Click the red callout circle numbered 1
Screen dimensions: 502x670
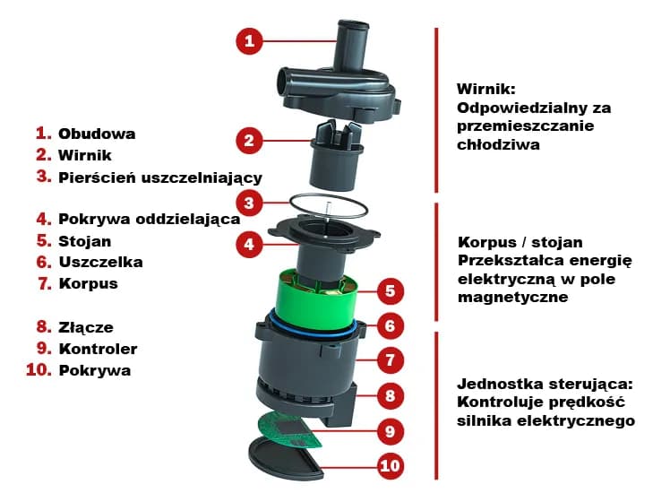pyautogui.click(x=251, y=40)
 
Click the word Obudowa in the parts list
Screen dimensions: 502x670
pyautogui.click(x=97, y=134)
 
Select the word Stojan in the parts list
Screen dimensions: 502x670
pyautogui.click(x=85, y=240)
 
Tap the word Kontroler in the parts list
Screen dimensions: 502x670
pyautogui.click(x=98, y=348)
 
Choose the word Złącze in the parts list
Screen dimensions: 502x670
pyautogui.click(x=86, y=327)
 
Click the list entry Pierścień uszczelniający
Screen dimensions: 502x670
pyautogui.click(x=159, y=177)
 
